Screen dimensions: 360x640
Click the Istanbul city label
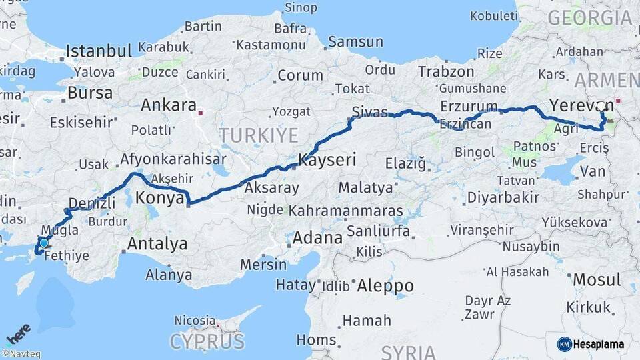click(x=99, y=51)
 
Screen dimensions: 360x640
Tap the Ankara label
click(x=168, y=105)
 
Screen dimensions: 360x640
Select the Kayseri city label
click(x=327, y=160)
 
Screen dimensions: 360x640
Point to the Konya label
click(x=160, y=197)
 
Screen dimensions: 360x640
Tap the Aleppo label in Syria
click(x=385, y=286)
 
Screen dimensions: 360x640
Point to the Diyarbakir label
click(x=503, y=197)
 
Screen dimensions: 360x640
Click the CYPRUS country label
click(x=207, y=342)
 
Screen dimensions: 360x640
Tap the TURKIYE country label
click(x=259, y=135)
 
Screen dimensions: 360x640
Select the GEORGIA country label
click(x=590, y=18)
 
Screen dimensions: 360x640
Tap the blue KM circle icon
click(x=564, y=344)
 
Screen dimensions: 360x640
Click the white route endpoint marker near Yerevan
click(x=602, y=106)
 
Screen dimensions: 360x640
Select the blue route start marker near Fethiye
click(x=44, y=243)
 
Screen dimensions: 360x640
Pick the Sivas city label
click(x=370, y=112)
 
